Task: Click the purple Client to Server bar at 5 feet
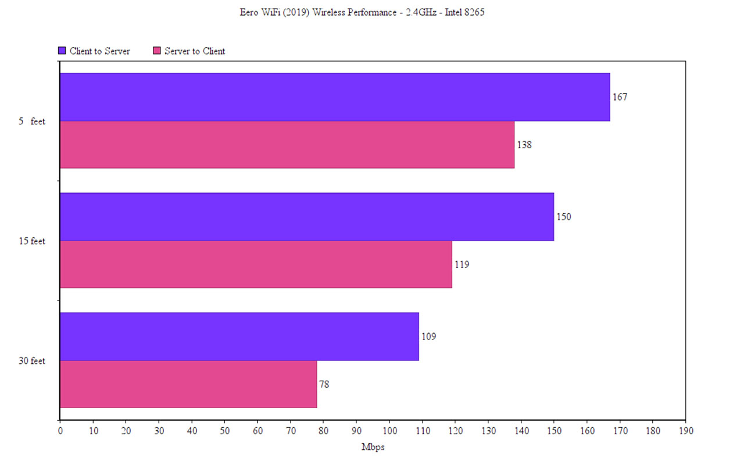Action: point(335,97)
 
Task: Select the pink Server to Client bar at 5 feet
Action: point(287,145)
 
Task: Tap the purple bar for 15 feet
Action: point(307,217)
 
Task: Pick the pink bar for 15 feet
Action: point(256,265)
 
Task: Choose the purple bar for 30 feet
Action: point(239,337)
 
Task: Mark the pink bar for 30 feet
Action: point(188,384)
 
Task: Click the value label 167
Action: point(620,97)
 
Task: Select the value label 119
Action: point(462,265)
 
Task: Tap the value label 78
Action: point(324,384)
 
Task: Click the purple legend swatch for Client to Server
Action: point(62,51)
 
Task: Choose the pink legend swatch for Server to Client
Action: point(156,51)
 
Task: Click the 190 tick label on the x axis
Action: point(685,431)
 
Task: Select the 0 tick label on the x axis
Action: point(60,431)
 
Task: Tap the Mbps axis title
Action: point(373,447)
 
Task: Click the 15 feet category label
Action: point(31,241)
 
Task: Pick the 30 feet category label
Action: point(31,361)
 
